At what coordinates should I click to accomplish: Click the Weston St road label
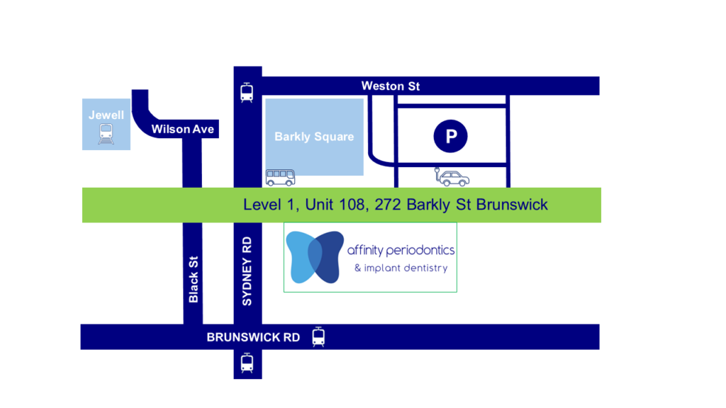[x=390, y=86]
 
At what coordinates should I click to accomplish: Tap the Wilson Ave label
[x=182, y=129]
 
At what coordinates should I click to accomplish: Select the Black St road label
[x=194, y=279]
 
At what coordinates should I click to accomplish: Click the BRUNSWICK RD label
[x=253, y=337]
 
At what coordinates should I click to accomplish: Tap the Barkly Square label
[x=314, y=137]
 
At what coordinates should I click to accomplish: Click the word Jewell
[x=106, y=115]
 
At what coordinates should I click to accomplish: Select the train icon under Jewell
[x=106, y=133]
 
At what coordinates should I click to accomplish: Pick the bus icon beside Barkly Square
[x=280, y=177]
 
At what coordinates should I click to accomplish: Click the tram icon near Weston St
[x=247, y=93]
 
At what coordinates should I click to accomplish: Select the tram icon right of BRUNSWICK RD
[x=318, y=336]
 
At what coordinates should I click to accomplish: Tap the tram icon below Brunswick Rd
[x=247, y=363]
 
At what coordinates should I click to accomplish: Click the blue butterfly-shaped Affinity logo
[x=315, y=257]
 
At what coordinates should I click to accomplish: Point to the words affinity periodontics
[x=401, y=250]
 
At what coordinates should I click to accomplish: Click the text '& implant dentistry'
[x=401, y=268]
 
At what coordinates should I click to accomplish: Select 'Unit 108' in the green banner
[x=323, y=205]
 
